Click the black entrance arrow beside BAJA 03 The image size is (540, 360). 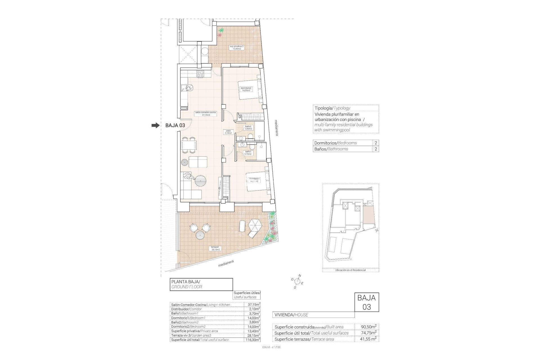(155, 125)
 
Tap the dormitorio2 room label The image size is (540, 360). (246, 89)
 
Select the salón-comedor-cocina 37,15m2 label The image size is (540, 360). (205, 114)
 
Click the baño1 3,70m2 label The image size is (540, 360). (248, 153)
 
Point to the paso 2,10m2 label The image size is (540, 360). (228, 132)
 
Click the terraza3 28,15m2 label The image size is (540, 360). (215, 248)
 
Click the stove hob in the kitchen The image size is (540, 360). (200, 74)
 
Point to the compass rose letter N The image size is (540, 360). (300, 276)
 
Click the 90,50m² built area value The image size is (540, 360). (369, 327)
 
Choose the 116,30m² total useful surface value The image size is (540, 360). (252, 340)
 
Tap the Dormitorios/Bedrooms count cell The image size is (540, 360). (376, 143)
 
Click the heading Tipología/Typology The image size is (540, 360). (332, 108)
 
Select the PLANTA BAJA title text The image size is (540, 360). (186, 282)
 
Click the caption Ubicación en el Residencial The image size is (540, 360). (350, 270)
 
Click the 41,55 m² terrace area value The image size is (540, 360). (369, 339)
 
